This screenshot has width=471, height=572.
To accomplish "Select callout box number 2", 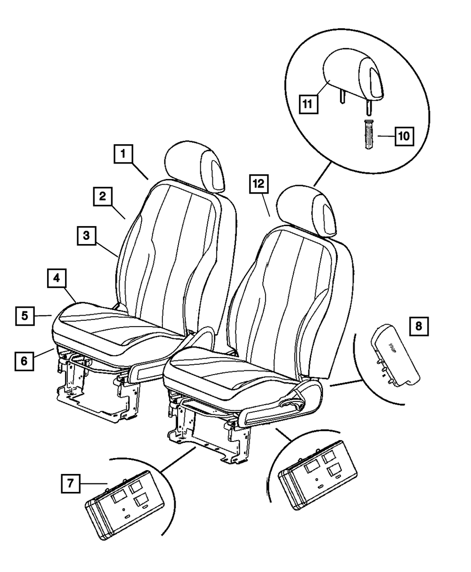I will pos(102,196).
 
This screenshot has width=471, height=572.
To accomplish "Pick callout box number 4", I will pos(56,278).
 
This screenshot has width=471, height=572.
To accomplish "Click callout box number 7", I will pos(69,483).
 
